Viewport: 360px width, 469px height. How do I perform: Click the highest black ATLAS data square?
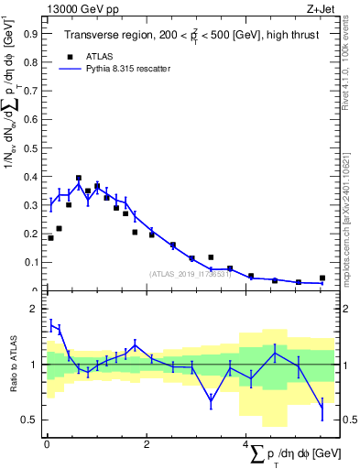[79, 179]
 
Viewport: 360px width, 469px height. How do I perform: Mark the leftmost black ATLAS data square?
[50, 238]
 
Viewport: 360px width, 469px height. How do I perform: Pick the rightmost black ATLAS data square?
[322, 278]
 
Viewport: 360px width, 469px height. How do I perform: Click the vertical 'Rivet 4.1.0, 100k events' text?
[347, 60]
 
